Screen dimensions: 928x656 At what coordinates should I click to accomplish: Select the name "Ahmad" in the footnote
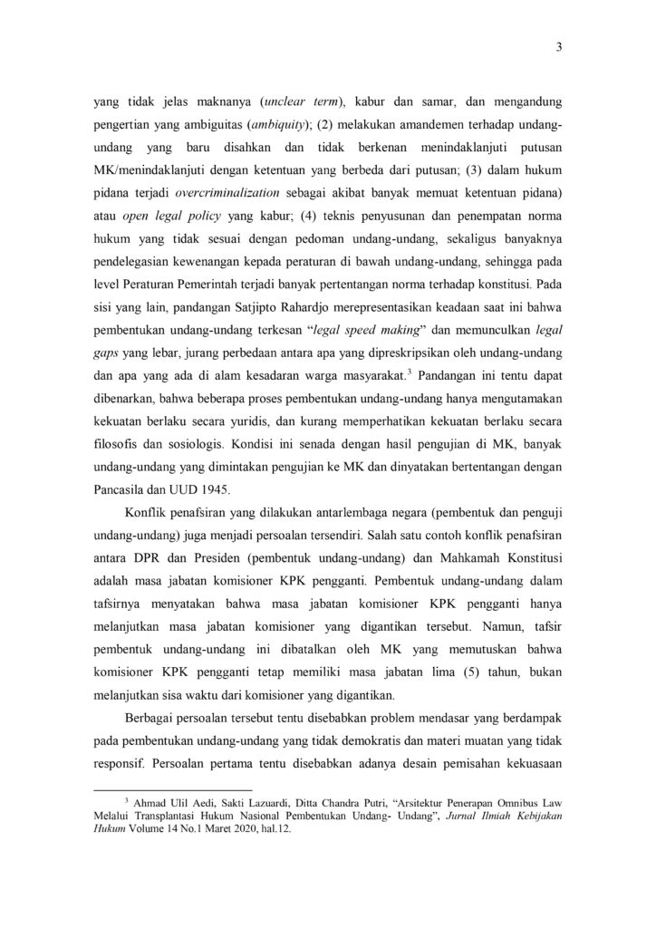[159, 803]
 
